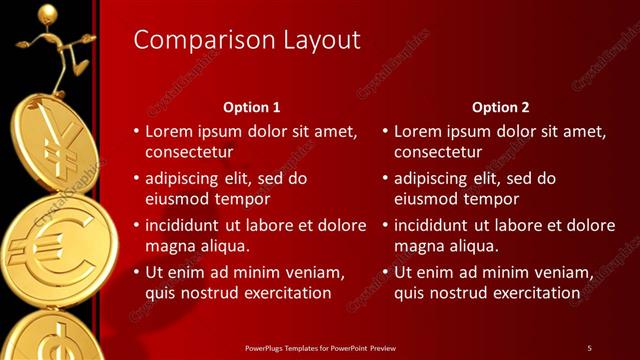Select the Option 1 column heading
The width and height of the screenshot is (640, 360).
(x=250, y=107)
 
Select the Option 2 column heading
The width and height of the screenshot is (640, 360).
(x=501, y=107)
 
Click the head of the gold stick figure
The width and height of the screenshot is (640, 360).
(x=47, y=12)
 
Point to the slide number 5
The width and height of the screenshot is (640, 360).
(x=589, y=347)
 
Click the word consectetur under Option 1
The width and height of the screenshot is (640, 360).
(x=189, y=152)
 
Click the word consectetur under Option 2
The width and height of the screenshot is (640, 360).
(x=438, y=152)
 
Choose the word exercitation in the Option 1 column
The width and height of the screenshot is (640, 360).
(x=283, y=292)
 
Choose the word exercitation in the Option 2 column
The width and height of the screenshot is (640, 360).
(x=532, y=292)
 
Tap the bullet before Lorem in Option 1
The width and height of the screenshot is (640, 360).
(x=136, y=131)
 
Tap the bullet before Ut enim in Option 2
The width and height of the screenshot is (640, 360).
(x=385, y=272)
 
